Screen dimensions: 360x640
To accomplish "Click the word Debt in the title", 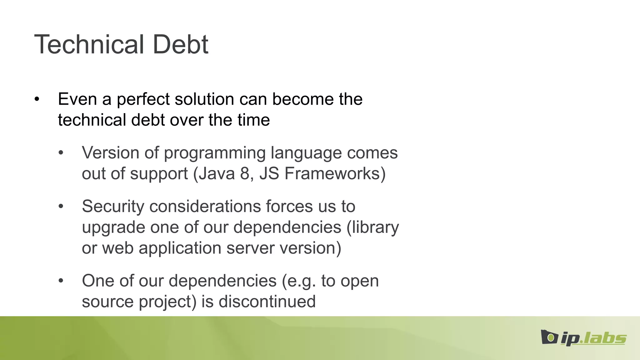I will coord(180,44).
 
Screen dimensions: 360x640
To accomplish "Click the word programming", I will coord(214,153).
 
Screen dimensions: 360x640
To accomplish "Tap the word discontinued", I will coord(267,302).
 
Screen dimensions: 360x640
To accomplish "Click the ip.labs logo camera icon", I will coord(549,337).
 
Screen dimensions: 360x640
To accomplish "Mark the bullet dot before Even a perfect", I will coord(37,99).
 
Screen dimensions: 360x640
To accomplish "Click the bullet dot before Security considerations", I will coord(61,207).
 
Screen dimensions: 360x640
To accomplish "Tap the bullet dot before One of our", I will coord(61,281).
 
